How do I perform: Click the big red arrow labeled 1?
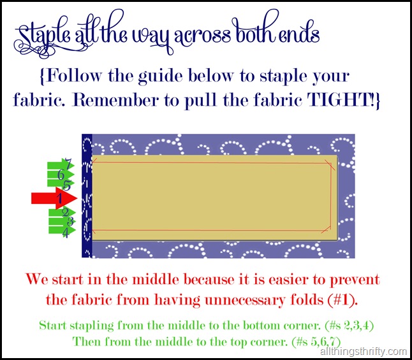(54, 198)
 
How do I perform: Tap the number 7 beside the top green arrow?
(68, 164)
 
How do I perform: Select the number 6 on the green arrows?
(61, 175)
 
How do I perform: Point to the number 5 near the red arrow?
(67, 185)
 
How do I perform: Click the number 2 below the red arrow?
(66, 212)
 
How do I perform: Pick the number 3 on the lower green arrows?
(70, 222)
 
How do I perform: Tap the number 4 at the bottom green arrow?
(66, 233)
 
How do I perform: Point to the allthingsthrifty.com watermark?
(364, 351)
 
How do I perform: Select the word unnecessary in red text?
(245, 300)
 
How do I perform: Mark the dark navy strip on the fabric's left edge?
(87, 196)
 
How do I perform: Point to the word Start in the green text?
(52, 326)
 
